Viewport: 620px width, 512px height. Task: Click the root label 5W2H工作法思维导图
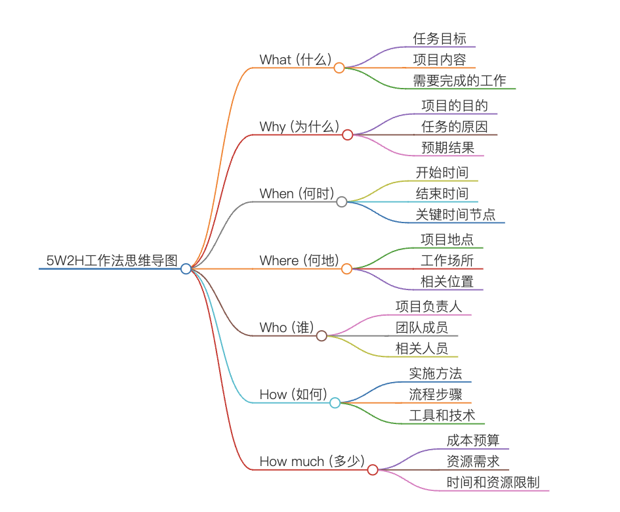pos(112,261)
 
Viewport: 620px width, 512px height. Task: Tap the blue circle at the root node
pos(186,269)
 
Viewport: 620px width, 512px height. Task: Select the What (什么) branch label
pos(295,59)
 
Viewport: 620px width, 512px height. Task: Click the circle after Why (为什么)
pos(348,135)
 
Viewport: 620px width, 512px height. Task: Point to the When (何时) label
pos(297,194)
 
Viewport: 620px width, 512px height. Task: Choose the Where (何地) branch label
pos(299,261)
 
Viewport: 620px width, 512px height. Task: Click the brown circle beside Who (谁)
pos(321,336)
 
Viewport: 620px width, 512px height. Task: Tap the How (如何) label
pos(293,395)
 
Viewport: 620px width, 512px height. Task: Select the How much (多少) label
pos(312,461)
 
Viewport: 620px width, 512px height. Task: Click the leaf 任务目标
pos(440,38)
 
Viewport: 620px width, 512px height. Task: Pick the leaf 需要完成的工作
pos(459,80)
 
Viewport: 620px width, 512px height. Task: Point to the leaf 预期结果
pos(448,148)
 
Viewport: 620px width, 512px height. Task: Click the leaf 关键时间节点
pos(455,215)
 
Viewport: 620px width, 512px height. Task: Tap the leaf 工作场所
pos(447,261)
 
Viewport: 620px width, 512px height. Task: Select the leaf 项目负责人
pos(428,307)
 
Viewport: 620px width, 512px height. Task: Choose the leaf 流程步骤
pos(436,394)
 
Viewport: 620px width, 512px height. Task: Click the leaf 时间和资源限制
pos(493,482)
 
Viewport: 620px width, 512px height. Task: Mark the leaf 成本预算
pos(473,440)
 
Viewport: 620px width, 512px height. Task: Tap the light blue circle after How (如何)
pos(335,403)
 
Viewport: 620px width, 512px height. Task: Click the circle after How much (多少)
pos(373,470)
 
